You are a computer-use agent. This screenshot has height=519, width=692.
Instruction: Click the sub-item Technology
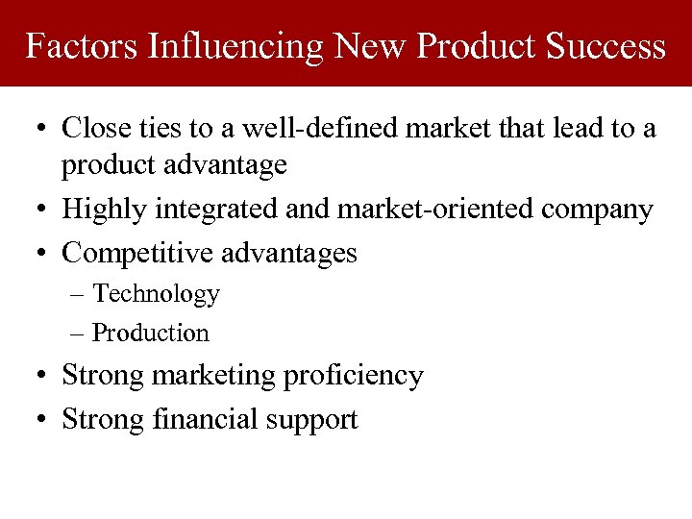click(156, 294)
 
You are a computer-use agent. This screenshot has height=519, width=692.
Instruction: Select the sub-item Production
click(150, 333)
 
